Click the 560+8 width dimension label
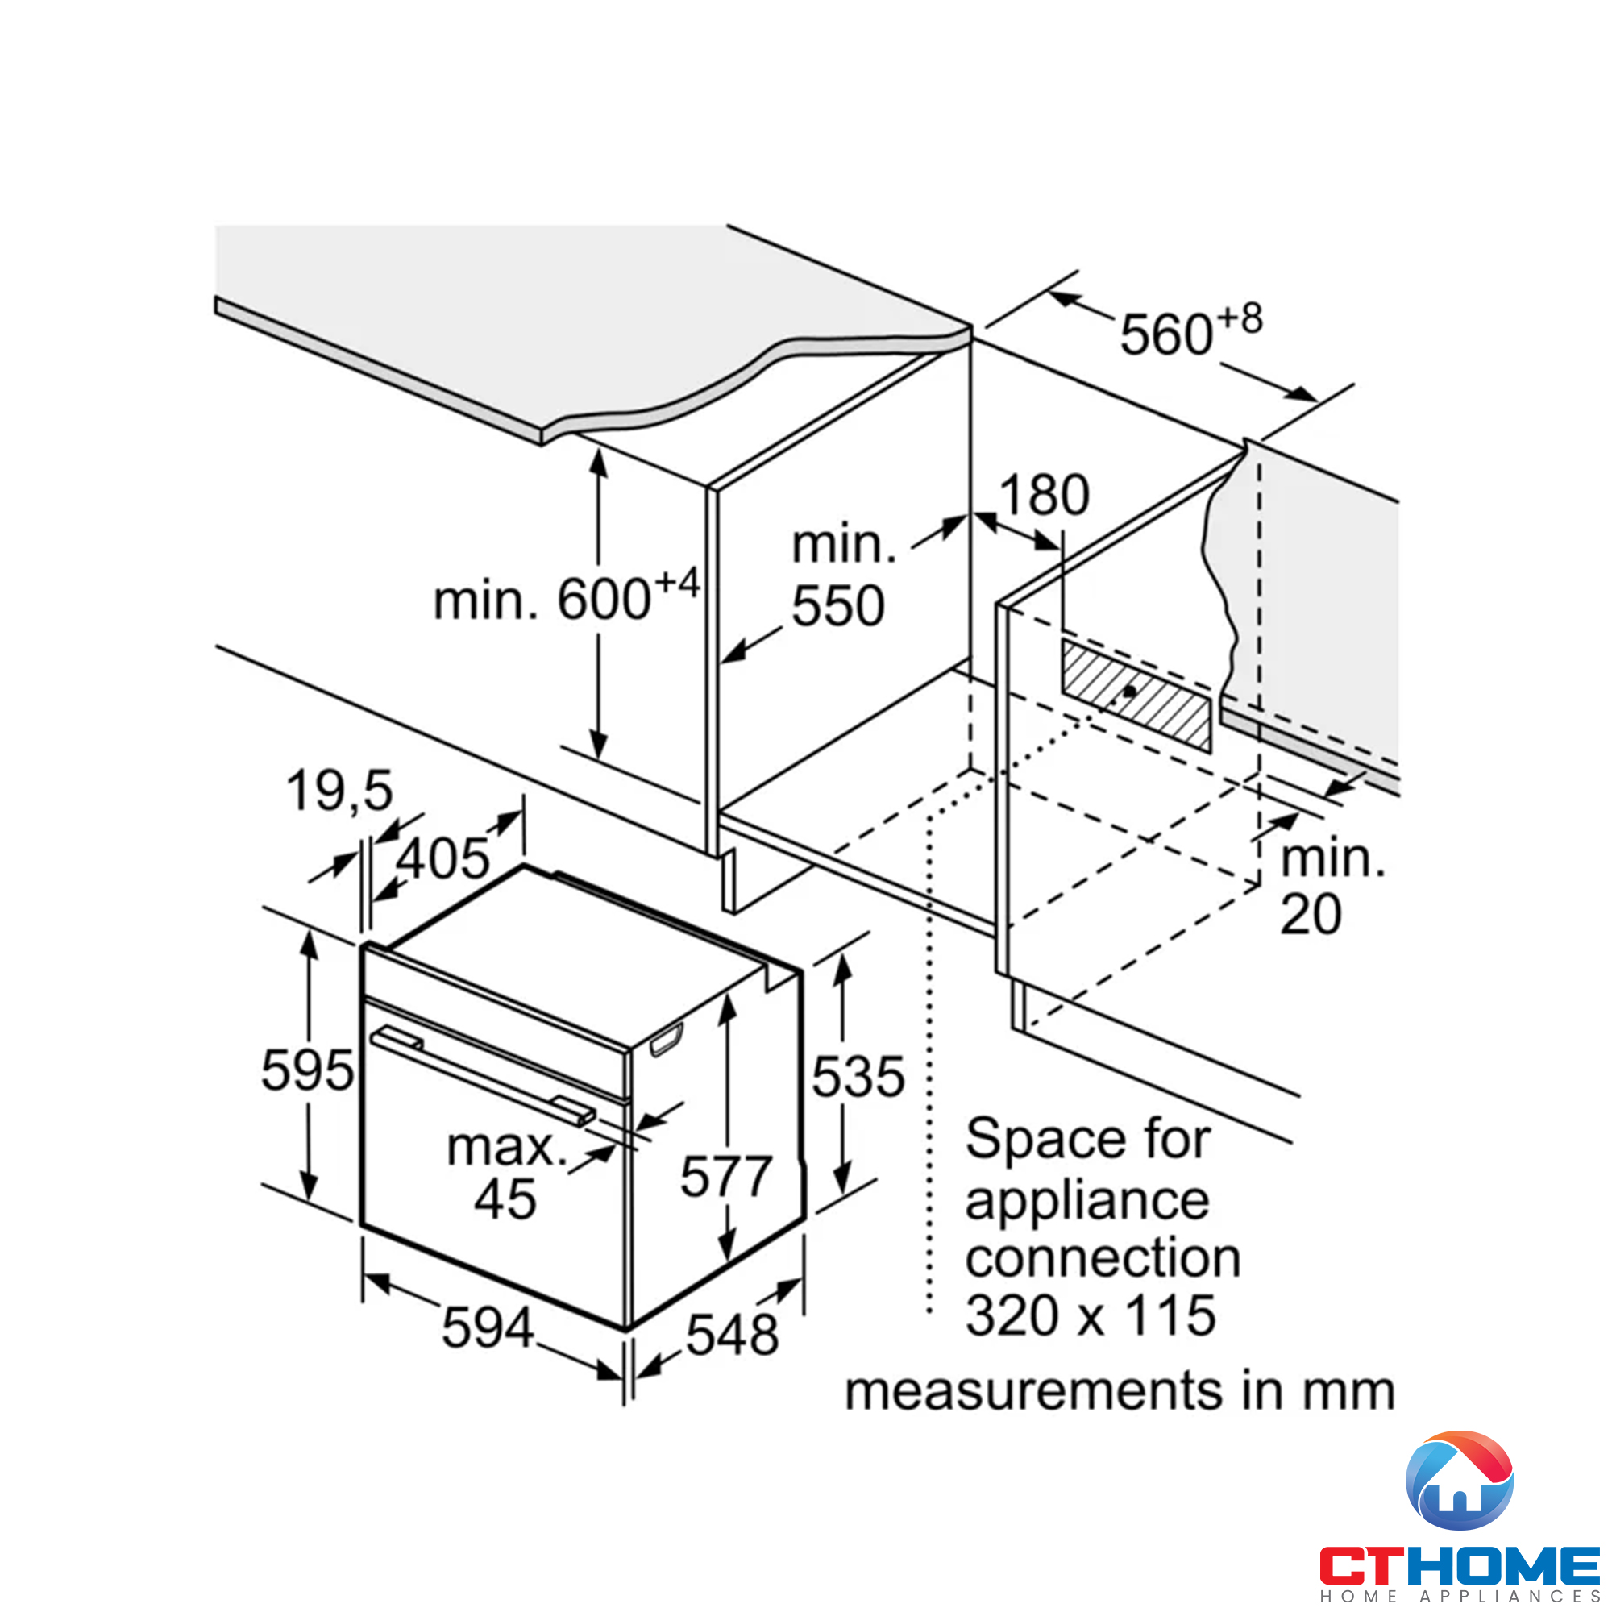pyautogui.click(x=1190, y=332)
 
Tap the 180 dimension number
pyautogui.click(x=1044, y=495)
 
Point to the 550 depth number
pyautogui.click(x=837, y=606)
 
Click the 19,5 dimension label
pyautogui.click(x=339, y=791)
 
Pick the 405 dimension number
pyautogui.click(x=442, y=858)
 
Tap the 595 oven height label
pyautogui.click(x=307, y=1070)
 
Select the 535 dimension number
pyautogui.click(x=858, y=1076)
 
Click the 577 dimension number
pyautogui.click(x=726, y=1177)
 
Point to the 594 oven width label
pyautogui.click(x=488, y=1327)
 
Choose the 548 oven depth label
pyautogui.click(x=732, y=1335)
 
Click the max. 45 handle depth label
pyautogui.click(x=505, y=1174)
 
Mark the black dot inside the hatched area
pyautogui.click(x=1129, y=692)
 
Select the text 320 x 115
pyautogui.click(x=1091, y=1316)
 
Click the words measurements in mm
pyautogui.click(x=1120, y=1392)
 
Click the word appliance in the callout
pyautogui.click(x=1086, y=1201)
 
